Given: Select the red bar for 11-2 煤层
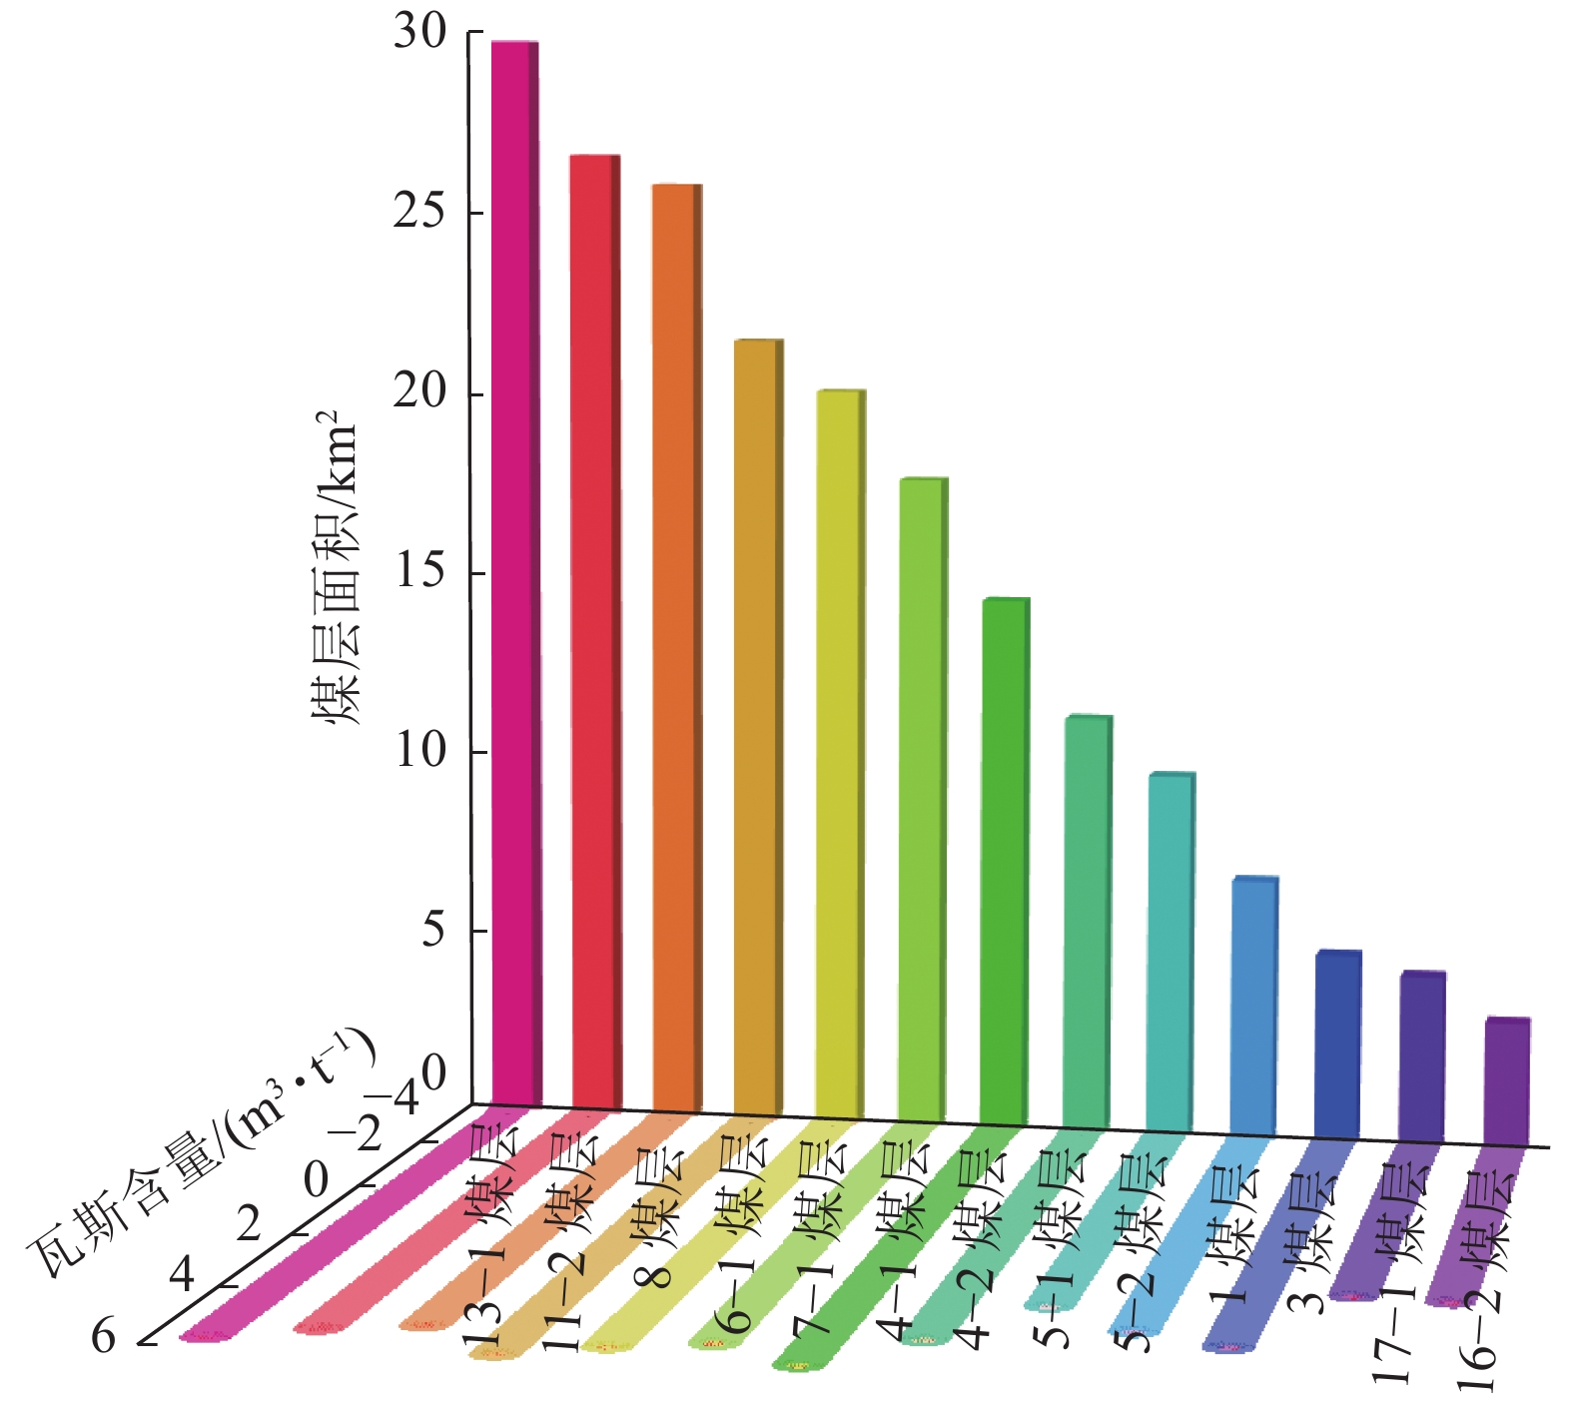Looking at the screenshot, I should tap(594, 629).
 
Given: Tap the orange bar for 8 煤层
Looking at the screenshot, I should tap(676, 644).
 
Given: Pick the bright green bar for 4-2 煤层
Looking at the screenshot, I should tap(1004, 859).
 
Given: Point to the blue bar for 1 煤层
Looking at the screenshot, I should tap(1253, 1004).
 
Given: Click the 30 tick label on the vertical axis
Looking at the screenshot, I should tap(419, 33).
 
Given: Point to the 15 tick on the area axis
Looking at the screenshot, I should tap(419, 572).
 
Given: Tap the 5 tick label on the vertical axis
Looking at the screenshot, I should tap(432, 931).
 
